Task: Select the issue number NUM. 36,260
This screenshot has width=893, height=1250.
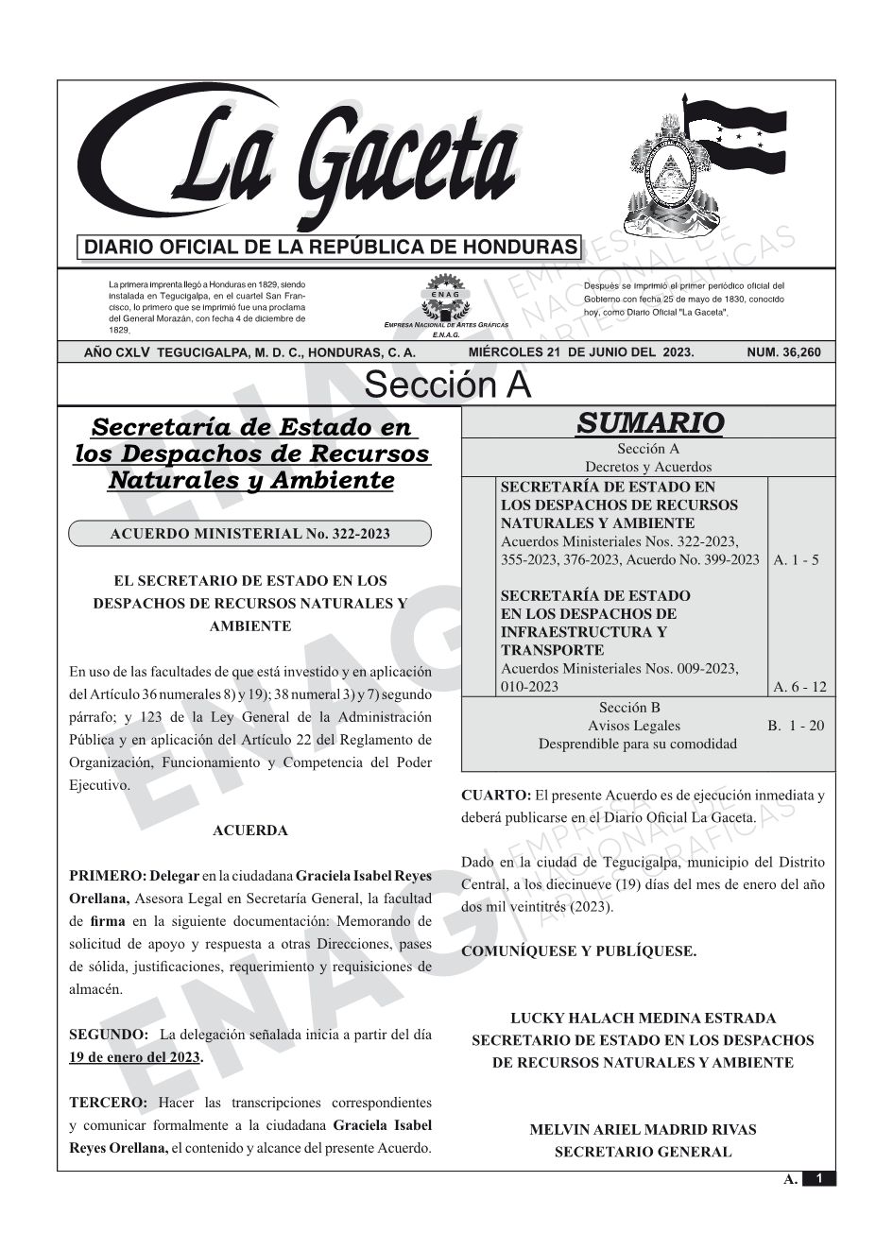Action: (783, 352)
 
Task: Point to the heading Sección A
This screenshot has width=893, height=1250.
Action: (447, 385)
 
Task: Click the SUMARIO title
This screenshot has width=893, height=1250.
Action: (649, 422)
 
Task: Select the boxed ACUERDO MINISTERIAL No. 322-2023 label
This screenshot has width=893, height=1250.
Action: (249, 534)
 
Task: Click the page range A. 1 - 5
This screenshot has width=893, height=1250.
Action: (796, 560)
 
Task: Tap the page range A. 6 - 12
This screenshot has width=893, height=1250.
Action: (799, 687)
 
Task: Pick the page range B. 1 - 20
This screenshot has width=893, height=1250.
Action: (796, 726)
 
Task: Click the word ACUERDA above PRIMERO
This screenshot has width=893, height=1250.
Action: (250, 830)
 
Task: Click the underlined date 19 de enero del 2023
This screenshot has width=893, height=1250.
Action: (134, 1057)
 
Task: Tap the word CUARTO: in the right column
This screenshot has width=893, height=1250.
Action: (496, 796)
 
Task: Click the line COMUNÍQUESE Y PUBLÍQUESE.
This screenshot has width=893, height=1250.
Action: (578, 951)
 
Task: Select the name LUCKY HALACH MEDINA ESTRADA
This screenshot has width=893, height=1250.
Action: (643, 1019)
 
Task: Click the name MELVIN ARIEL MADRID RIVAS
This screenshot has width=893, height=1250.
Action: (643, 1129)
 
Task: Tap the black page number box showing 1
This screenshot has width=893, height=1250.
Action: (818, 1178)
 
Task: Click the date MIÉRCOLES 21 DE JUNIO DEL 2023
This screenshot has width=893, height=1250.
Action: (580, 352)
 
